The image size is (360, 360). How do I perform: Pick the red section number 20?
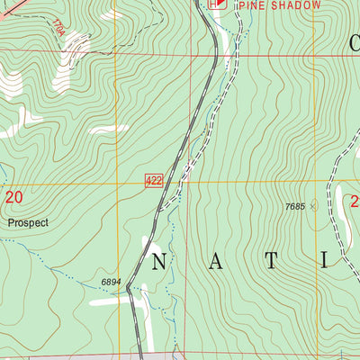click(x=13, y=196)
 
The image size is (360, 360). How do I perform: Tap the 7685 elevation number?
click(x=294, y=206)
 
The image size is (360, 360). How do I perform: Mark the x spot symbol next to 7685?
click(x=313, y=206)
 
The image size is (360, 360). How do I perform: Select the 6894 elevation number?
click(x=111, y=282)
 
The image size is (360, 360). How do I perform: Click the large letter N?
click(x=158, y=261)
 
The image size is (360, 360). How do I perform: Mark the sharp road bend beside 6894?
click(x=130, y=286)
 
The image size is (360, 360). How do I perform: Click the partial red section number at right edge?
click(x=355, y=200)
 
